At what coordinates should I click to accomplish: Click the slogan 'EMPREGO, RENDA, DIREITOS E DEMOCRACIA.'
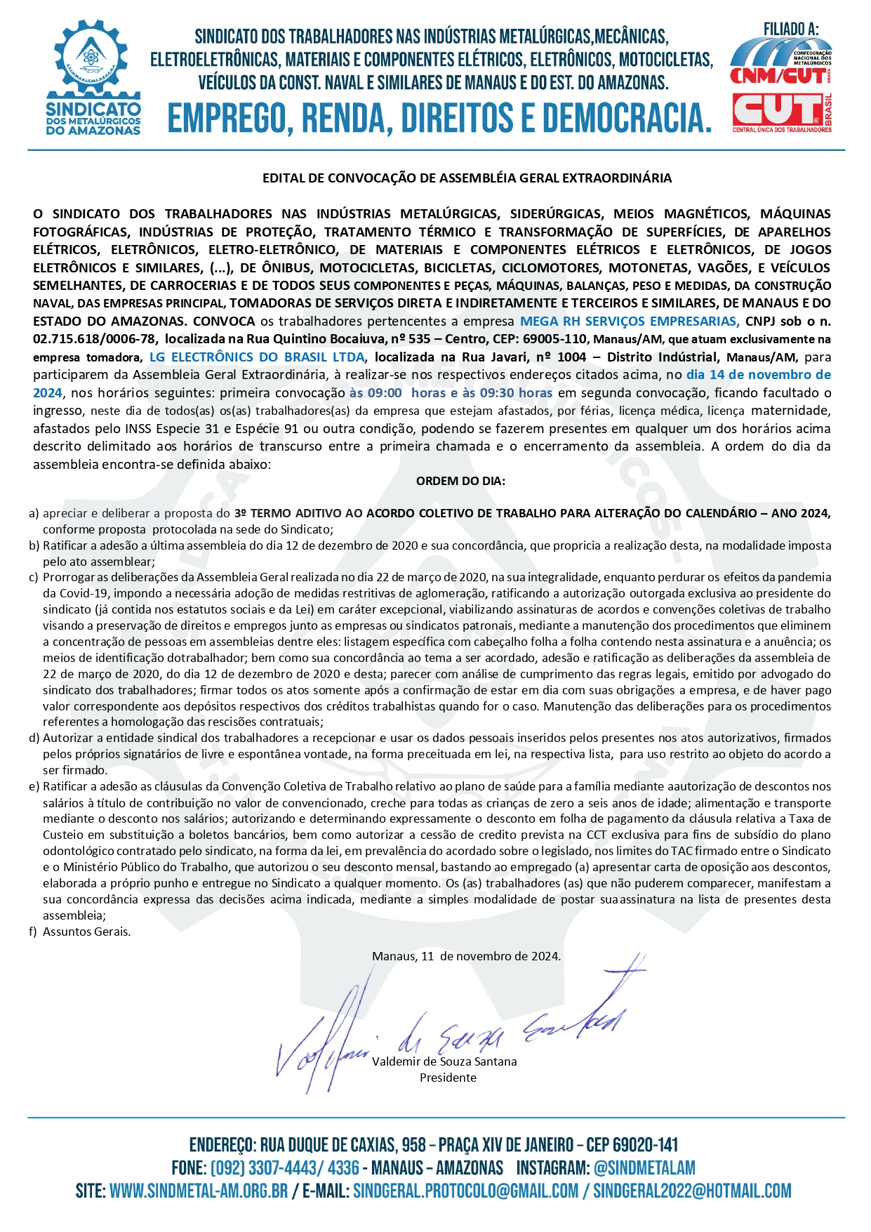[439, 117]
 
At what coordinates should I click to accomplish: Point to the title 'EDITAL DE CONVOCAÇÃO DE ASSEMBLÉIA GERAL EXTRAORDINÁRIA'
[467, 178]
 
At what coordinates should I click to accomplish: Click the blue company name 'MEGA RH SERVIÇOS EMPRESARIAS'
[629, 322]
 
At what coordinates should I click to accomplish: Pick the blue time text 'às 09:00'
[375, 393]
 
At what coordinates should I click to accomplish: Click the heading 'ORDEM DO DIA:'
[460, 482]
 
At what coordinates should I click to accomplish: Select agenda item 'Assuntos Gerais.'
[87, 932]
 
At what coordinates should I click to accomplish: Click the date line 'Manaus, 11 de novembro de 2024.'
[466, 956]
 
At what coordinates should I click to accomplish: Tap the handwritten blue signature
[449, 1032]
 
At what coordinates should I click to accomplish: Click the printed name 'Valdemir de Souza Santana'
[444, 1061]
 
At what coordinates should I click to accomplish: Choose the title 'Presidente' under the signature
[448, 1078]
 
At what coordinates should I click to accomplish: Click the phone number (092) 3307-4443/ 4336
[284, 1168]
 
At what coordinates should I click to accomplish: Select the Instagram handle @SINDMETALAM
[644, 1168]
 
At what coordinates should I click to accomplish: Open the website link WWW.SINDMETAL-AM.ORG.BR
[199, 1191]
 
